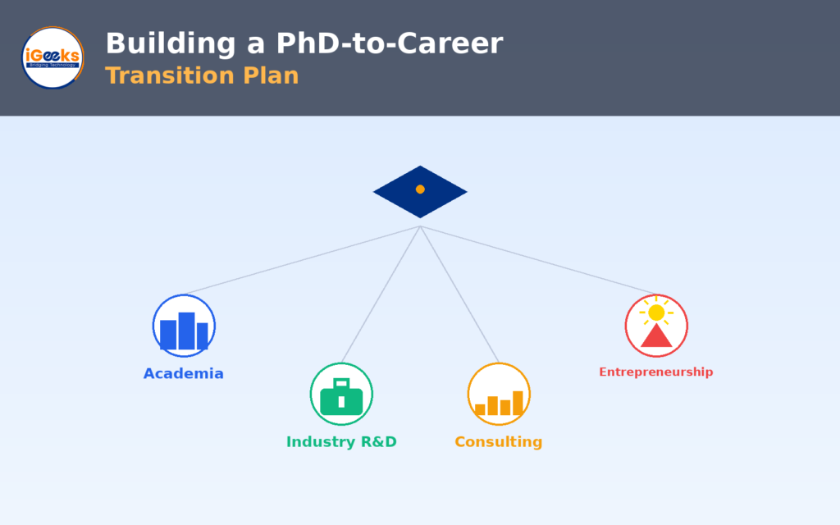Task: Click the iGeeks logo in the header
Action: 52,58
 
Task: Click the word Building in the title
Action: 171,44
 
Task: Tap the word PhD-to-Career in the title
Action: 390,43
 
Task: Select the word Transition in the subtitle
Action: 169,75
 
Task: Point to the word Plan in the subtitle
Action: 271,75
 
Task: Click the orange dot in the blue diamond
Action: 420,189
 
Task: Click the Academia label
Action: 183,373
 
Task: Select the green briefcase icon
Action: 341,397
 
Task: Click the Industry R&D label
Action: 341,442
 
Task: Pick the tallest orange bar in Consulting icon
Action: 518,403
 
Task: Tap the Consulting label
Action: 498,442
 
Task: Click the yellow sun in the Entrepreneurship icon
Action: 656,313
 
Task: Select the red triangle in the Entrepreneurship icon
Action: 656,336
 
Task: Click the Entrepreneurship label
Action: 655,372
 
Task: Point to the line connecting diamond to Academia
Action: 302,260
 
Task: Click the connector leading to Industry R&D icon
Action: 381,294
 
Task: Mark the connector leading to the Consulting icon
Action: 459,294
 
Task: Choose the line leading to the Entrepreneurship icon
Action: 538,260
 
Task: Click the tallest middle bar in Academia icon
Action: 186,331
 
